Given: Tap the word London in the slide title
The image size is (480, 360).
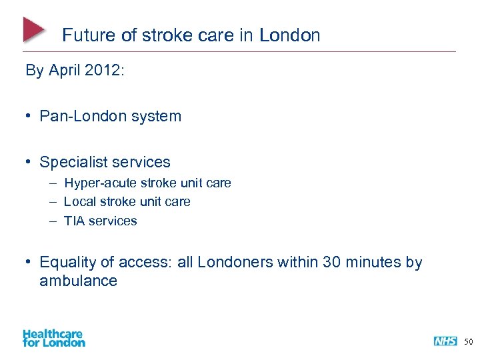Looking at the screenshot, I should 290,35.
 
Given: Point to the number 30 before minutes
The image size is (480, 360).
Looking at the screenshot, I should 332,263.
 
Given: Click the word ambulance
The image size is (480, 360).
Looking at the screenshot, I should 78,281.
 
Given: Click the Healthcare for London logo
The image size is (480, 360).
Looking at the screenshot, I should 54,337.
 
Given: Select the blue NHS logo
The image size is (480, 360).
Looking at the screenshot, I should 445,341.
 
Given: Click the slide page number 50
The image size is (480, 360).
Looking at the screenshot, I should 468,342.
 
